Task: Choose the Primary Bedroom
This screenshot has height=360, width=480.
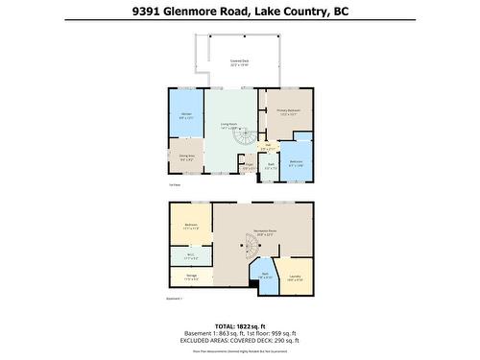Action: pyautogui.click(x=289, y=113)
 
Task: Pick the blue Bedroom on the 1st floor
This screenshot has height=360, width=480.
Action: pyautogui.click(x=297, y=162)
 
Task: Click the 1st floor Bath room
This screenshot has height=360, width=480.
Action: pyautogui.click(x=271, y=165)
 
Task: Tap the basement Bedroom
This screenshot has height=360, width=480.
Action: pyautogui.click(x=190, y=227)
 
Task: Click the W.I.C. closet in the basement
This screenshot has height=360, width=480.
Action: pyautogui.click(x=190, y=256)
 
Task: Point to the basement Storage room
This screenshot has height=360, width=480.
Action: pyautogui.click(x=190, y=278)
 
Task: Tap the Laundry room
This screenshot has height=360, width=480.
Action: pyautogui.click(x=295, y=277)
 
